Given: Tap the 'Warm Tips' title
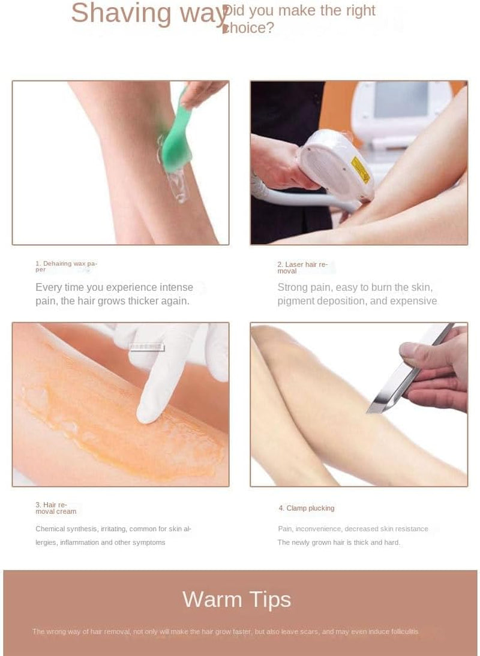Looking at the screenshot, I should coord(237,599).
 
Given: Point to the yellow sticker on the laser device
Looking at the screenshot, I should coord(361,170).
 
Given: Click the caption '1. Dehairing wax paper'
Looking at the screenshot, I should coord(66,266).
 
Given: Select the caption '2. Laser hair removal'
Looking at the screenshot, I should coord(302,267).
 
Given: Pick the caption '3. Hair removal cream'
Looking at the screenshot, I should coord(56,508).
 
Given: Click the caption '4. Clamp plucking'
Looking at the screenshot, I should coord(307,508).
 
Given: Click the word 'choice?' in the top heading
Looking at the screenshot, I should coord(248,28).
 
